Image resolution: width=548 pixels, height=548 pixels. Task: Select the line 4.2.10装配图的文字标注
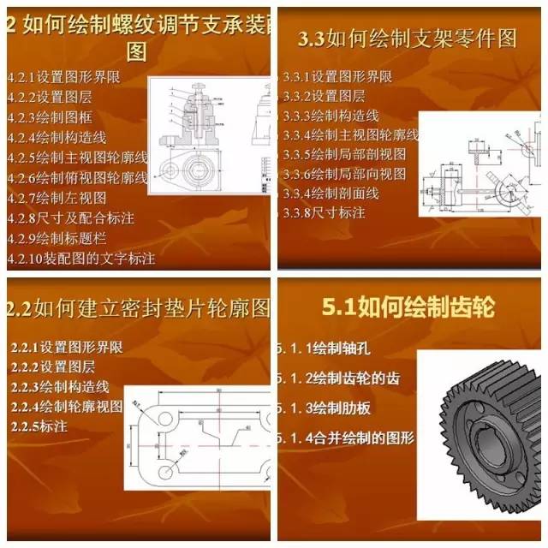pos(80,258)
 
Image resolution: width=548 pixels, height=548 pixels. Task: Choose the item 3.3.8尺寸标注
pos(325,212)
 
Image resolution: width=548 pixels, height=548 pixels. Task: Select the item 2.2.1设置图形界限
pos(67,348)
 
